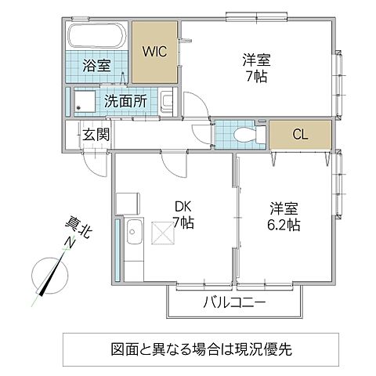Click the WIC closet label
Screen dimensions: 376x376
coord(154,52)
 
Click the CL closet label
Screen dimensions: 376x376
coord(300,134)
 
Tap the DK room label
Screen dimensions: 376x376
coord(183,207)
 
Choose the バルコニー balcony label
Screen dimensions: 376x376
coord(235,302)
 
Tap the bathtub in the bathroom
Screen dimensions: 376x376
coord(94,38)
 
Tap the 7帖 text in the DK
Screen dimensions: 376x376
coord(183,223)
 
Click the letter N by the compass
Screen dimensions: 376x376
coord(69,245)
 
